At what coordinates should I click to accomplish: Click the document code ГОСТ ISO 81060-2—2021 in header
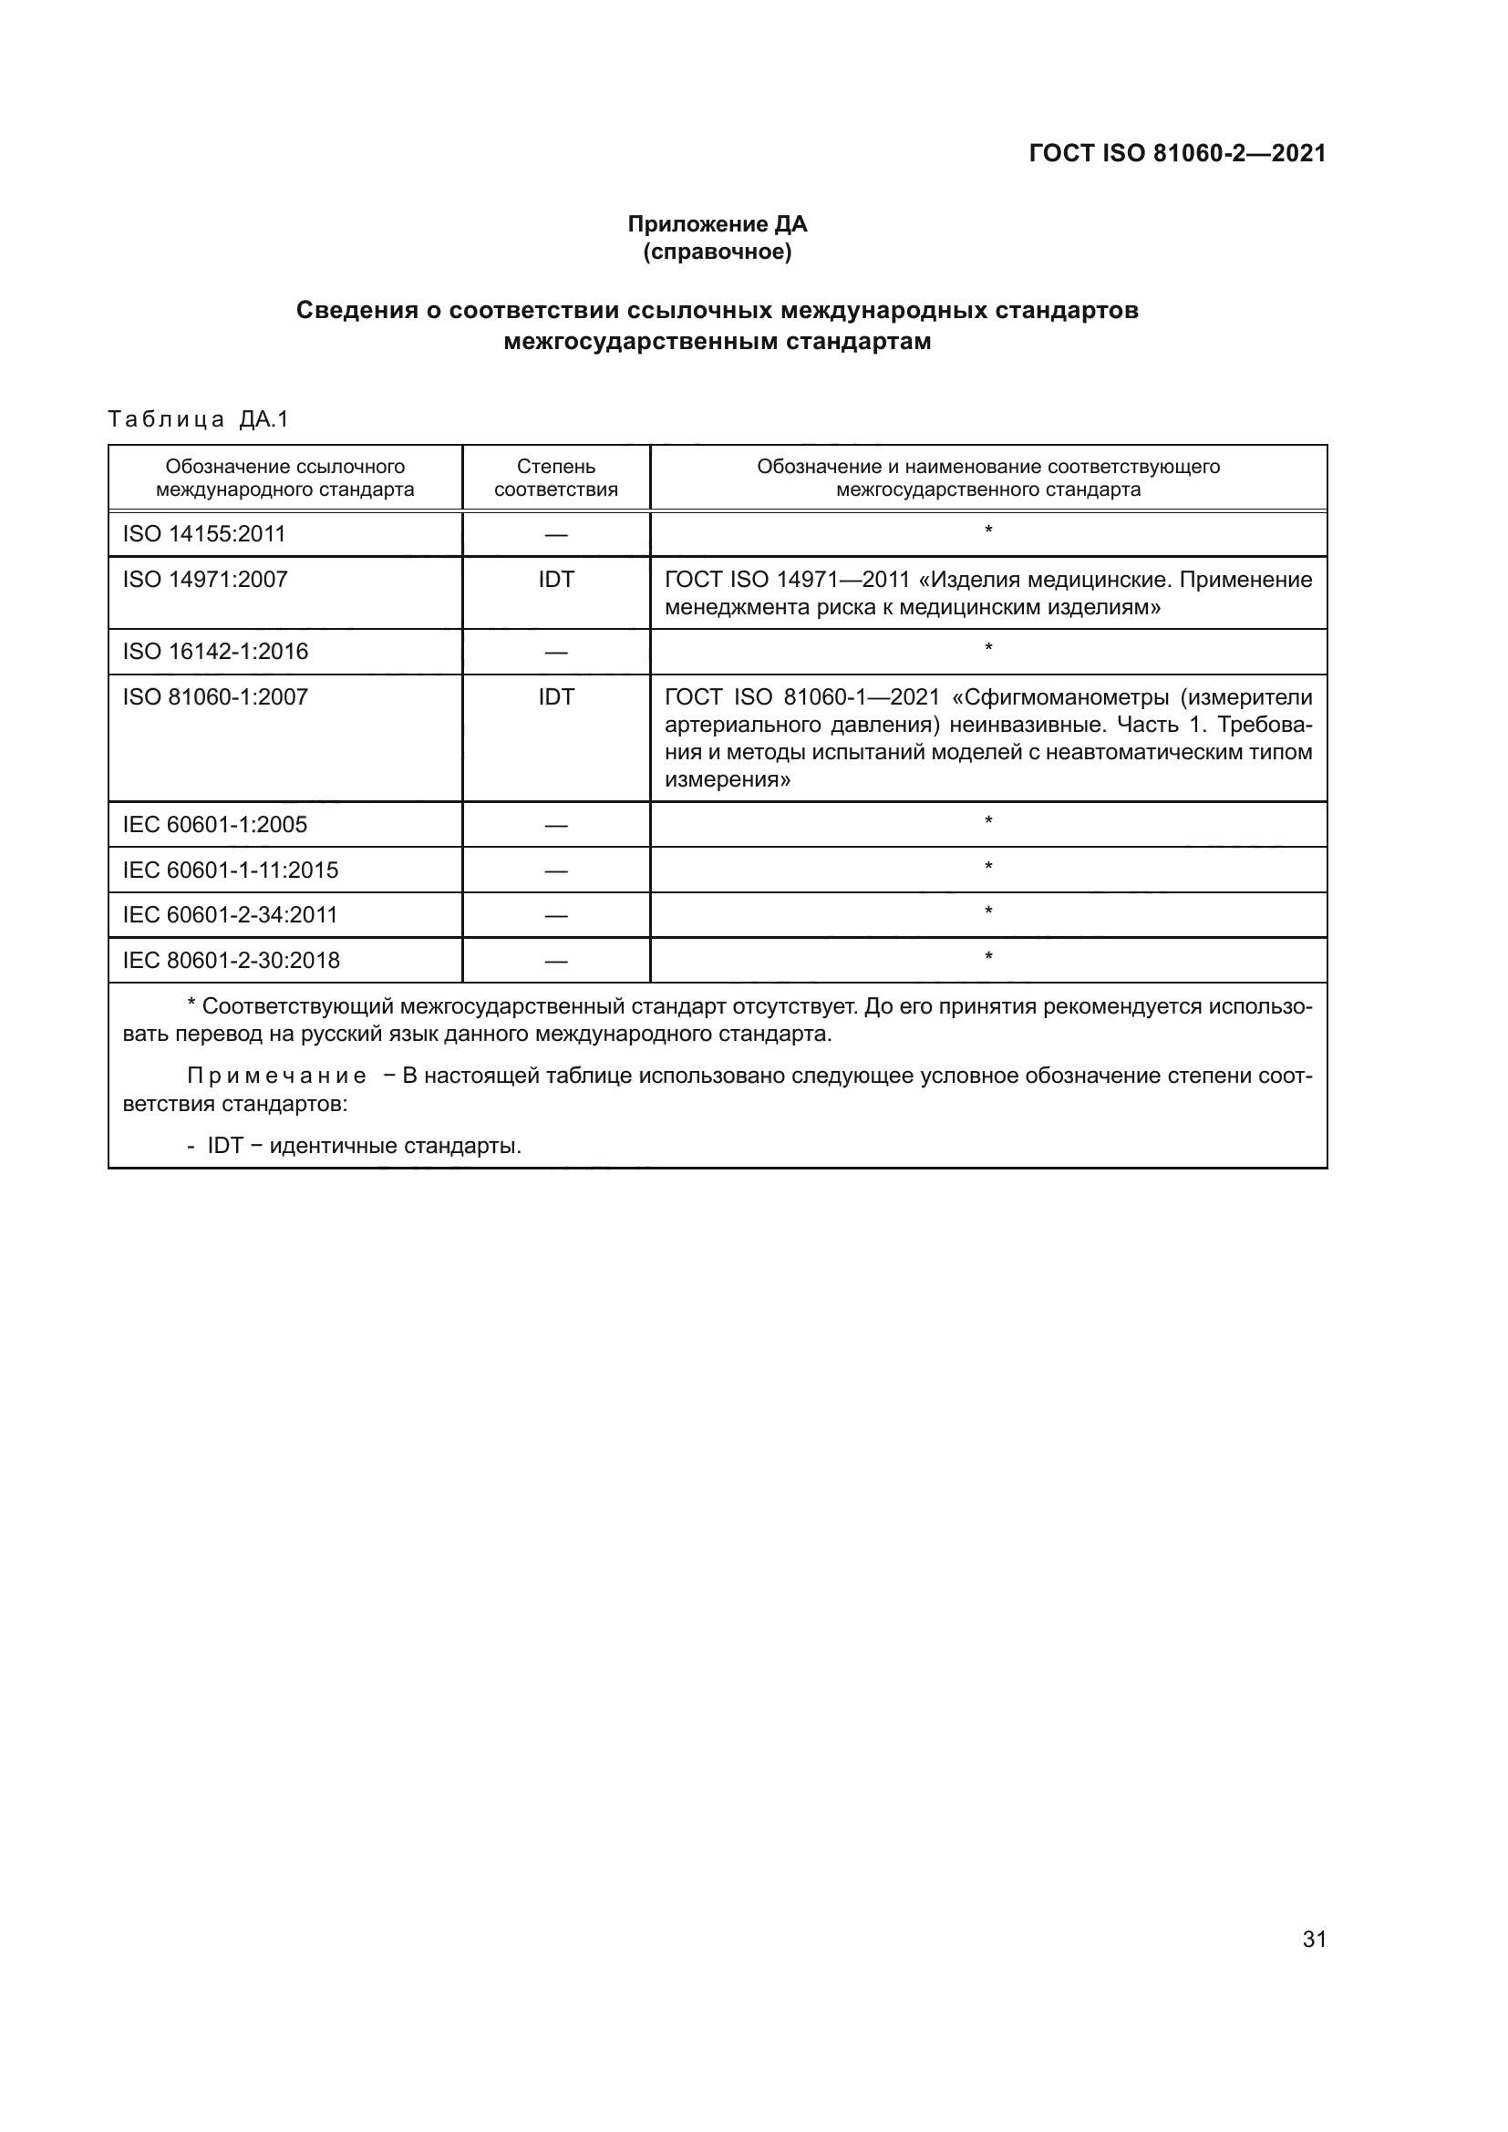[1176, 153]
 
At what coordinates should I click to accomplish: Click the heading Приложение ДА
[717, 224]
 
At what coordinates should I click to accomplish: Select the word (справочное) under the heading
[717, 252]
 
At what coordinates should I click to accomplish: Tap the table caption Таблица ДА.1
[198, 419]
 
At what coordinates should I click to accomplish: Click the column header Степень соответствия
[555, 478]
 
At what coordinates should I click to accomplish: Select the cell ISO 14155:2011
[204, 534]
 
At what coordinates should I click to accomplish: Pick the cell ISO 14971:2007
[205, 580]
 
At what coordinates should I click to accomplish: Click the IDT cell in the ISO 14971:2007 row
[555, 580]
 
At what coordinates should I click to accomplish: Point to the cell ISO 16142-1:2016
[215, 651]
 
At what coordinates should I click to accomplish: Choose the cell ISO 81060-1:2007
[215, 696]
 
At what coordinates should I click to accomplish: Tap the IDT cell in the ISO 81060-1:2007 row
[555, 696]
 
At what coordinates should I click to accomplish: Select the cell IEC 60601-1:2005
[215, 825]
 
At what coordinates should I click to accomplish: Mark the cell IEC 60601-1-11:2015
[231, 870]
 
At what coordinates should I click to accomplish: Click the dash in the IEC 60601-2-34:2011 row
[555, 915]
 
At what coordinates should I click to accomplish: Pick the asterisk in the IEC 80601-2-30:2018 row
[988, 956]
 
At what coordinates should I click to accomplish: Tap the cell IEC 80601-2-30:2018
[232, 960]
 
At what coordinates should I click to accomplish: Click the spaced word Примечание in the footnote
[277, 1076]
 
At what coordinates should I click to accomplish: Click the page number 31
[1314, 1939]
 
